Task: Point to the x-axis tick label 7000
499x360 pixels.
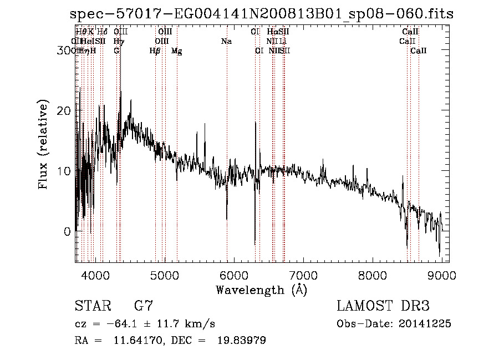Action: point(303,275)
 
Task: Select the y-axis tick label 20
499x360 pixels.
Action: point(64,110)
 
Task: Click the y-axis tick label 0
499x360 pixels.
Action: point(68,231)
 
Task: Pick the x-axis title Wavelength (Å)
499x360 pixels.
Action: point(261,290)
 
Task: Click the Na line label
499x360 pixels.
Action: point(226,42)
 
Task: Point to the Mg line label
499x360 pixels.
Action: point(176,51)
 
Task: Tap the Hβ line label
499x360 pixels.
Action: point(155,51)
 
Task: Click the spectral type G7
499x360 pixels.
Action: point(144,306)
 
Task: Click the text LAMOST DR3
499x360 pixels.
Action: point(383,306)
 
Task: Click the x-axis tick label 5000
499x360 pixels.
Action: point(165,275)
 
